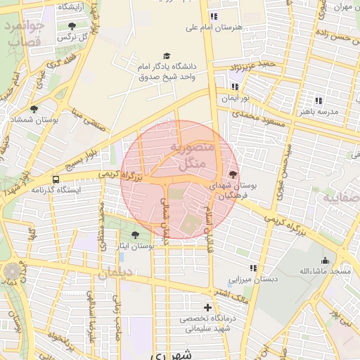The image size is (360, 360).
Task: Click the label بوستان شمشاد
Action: (33, 120)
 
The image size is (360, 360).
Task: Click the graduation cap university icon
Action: (167, 56)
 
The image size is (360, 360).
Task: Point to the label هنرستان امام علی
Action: (213, 27)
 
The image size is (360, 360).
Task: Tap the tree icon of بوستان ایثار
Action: (134, 235)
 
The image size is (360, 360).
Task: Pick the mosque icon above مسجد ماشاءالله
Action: (325, 260)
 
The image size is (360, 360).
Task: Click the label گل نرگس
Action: (72, 36)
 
